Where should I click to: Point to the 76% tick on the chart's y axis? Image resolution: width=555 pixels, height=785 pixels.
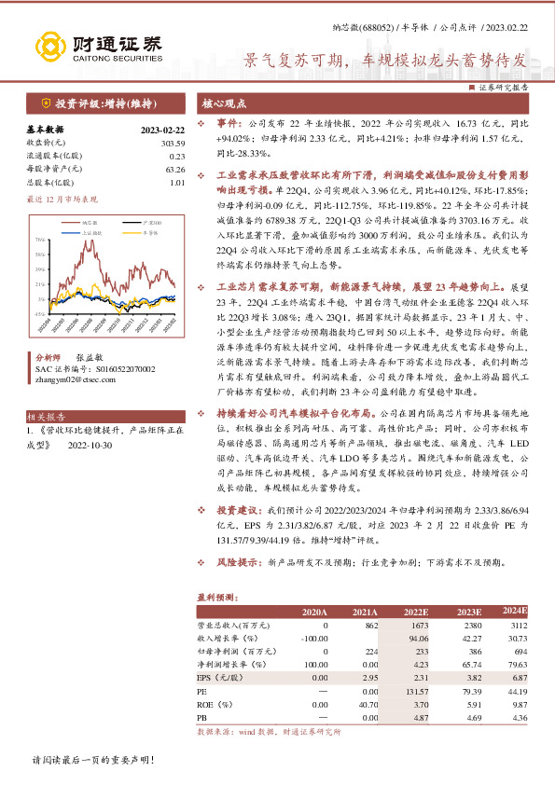pyautogui.click(x=40, y=240)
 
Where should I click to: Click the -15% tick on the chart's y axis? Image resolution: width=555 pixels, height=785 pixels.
pyautogui.click(x=40, y=315)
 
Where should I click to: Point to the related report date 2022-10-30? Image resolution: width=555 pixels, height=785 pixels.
pyautogui.click(x=91, y=446)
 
